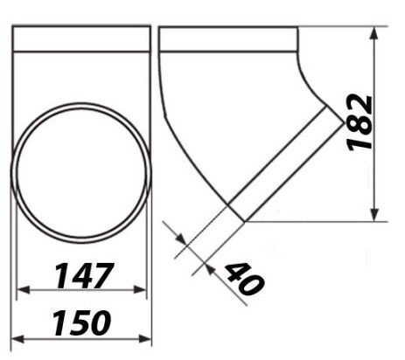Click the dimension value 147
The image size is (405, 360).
click(x=83, y=275)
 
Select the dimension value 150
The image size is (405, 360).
click(x=81, y=322)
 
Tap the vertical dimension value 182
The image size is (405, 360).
click(x=361, y=122)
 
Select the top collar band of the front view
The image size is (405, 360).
click(x=82, y=38)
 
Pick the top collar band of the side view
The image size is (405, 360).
click(x=228, y=38)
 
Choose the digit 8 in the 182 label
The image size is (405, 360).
click(x=361, y=122)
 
